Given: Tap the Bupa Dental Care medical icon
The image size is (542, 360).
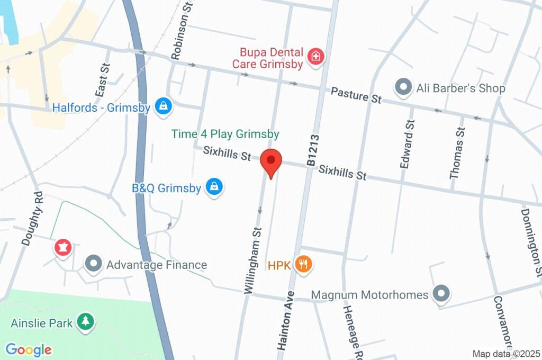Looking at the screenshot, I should tap(315, 57).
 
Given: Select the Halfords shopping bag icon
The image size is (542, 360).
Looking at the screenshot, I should tap(164, 106).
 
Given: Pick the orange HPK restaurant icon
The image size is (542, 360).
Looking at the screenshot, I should tap(303, 264).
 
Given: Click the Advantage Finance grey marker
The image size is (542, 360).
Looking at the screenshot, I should tap(94, 264).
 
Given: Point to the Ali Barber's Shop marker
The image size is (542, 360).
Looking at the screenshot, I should tap(404, 87).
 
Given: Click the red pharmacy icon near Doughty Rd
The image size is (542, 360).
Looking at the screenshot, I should tap(63, 247).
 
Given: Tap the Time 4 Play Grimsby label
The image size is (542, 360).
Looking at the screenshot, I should tap(225, 134).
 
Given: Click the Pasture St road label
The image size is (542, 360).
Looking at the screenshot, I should tap(356, 95).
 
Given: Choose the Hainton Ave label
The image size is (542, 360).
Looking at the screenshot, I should tap(286, 320).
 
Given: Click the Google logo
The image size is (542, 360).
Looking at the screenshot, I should tap(29, 349).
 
